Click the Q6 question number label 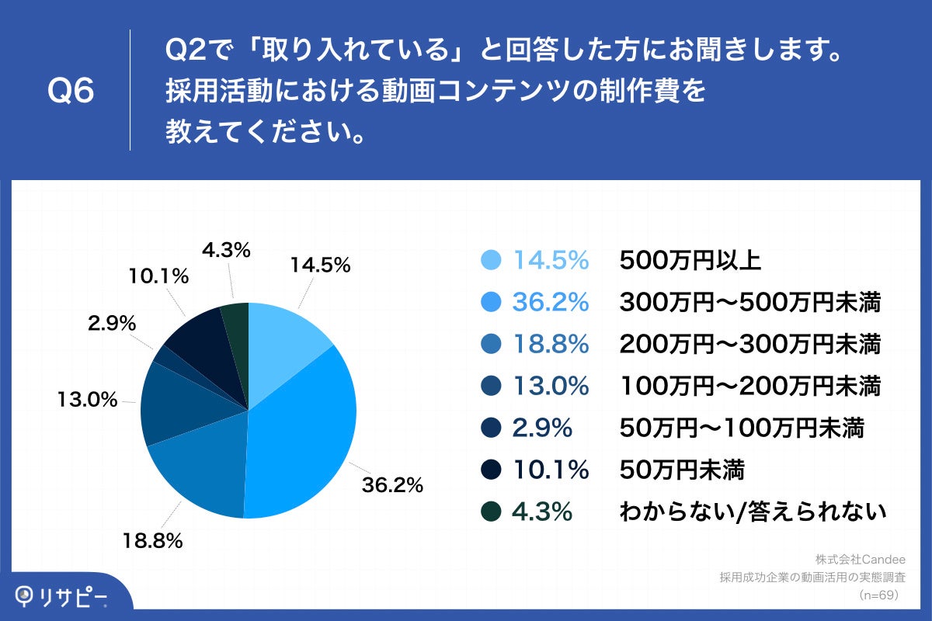point(71,92)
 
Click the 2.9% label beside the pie point(109,323)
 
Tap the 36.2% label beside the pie point(392,485)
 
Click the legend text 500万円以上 point(690,261)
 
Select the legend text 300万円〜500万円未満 point(749,303)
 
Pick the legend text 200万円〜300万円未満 point(749,345)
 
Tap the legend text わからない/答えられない point(753,512)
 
